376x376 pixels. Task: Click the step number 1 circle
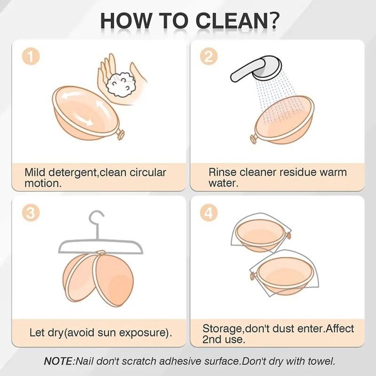[x=31, y=56]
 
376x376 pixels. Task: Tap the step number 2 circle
[x=209, y=56]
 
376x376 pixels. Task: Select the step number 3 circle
[x=31, y=212]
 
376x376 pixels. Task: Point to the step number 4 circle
[x=209, y=212]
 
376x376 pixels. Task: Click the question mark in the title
[x=273, y=21]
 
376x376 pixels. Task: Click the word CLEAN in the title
[x=231, y=21]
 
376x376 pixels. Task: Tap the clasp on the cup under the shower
[x=253, y=139]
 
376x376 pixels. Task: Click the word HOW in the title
[x=125, y=21]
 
